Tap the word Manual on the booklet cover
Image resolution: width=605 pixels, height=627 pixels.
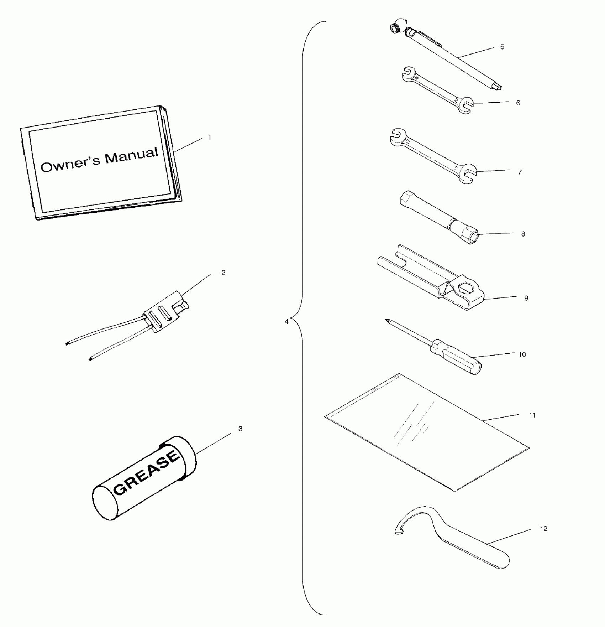click(x=131, y=155)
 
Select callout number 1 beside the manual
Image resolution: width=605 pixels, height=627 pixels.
click(x=210, y=138)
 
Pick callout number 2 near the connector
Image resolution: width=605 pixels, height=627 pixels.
click(x=223, y=273)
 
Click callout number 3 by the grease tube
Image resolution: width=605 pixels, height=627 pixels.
click(x=240, y=429)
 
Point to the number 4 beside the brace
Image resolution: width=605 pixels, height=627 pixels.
click(x=286, y=321)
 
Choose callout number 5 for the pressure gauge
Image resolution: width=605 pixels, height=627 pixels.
click(x=502, y=47)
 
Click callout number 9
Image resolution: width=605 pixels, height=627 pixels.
click(x=526, y=298)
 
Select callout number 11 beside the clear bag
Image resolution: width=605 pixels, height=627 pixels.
click(x=532, y=415)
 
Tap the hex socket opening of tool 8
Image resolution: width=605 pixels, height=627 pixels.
click(x=471, y=238)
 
